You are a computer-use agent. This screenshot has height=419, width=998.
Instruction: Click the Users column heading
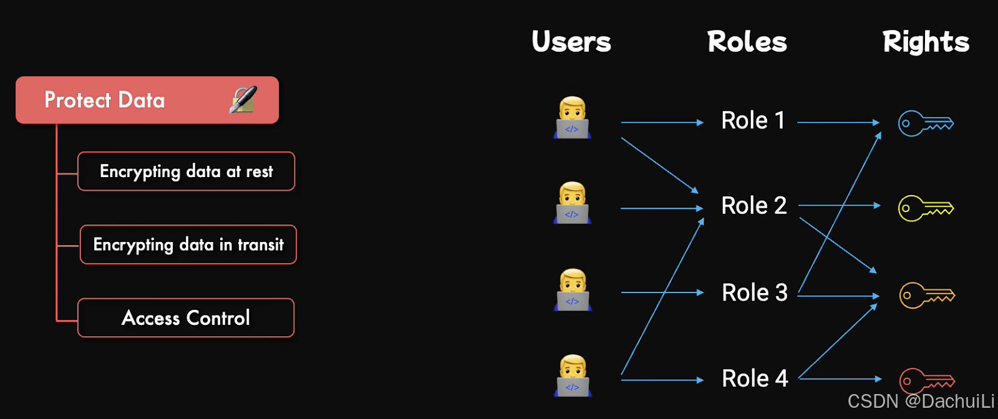pyautogui.click(x=571, y=42)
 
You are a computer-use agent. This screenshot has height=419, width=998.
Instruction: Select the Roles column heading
pyautogui.click(x=747, y=42)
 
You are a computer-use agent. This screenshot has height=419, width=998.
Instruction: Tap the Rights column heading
pyautogui.click(x=926, y=42)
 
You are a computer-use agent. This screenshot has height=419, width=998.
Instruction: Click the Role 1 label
pyautogui.click(x=753, y=120)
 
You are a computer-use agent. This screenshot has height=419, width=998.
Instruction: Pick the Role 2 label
pyautogui.click(x=753, y=206)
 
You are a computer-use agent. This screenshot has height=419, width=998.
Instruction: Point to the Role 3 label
pyautogui.click(x=754, y=292)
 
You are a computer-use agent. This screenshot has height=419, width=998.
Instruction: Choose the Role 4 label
pyautogui.click(x=755, y=378)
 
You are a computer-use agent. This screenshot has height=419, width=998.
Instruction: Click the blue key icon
pyautogui.click(x=926, y=123)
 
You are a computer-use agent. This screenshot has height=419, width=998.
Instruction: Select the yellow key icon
pyautogui.click(x=926, y=208)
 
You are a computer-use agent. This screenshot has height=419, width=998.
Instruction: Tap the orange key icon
pyautogui.click(x=926, y=295)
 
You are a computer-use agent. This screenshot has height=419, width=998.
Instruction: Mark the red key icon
pyautogui.click(x=926, y=380)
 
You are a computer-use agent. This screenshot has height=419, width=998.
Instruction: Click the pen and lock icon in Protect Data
pyautogui.click(x=243, y=100)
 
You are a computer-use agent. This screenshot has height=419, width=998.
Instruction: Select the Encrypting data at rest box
pyautogui.click(x=186, y=171)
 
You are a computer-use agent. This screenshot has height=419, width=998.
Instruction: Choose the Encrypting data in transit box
pyautogui.click(x=188, y=244)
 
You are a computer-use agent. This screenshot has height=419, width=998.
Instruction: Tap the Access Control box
pyautogui.click(x=186, y=318)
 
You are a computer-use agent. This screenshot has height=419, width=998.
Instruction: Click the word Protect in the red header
pyautogui.click(x=77, y=100)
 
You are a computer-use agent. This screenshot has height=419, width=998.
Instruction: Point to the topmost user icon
pyautogui.click(x=572, y=117)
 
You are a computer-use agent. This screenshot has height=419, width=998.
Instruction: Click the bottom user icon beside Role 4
pyautogui.click(x=573, y=375)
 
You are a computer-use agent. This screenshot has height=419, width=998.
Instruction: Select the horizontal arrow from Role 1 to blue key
pyautogui.click(x=838, y=123)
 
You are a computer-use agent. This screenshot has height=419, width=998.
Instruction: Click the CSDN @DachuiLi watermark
pyautogui.click(x=921, y=401)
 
